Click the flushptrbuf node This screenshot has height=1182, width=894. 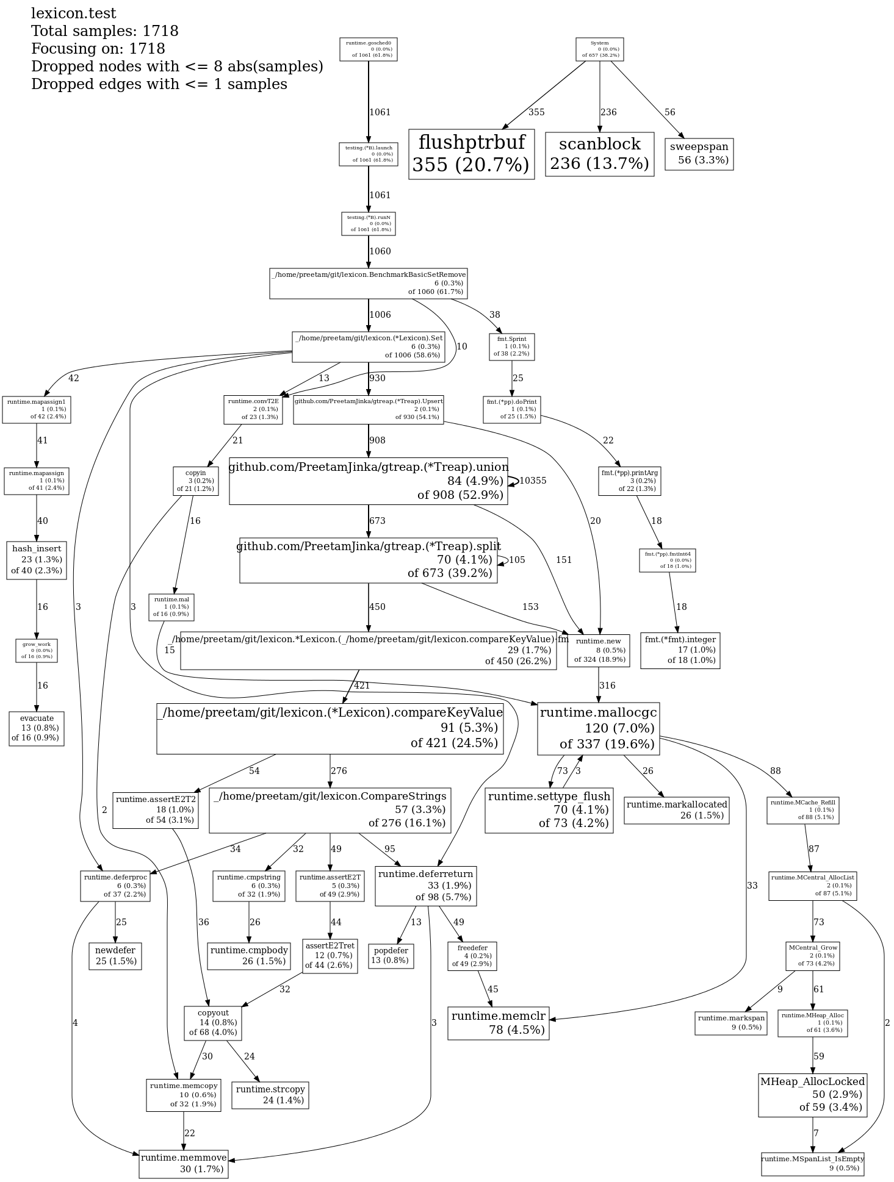[471, 154]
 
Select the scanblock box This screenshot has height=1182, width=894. [599, 154]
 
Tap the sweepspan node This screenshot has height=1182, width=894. [699, 154]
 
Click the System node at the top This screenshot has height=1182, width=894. [599, 49]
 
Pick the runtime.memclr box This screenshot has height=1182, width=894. [498, 1023]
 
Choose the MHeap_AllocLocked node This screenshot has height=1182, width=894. [812, 1095]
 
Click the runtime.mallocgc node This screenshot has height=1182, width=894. [598, 728]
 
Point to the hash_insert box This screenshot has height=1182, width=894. [37, 559]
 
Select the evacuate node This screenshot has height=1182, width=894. [37, 728]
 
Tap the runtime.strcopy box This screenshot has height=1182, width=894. [270, 1094]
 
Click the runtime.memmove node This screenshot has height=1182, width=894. [183, 1163]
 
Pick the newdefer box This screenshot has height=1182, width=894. [115, 956]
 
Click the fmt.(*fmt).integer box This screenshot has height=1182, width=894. [680, 650]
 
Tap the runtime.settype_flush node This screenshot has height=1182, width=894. [549, 810]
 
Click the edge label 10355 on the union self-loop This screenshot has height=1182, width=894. [533, 481]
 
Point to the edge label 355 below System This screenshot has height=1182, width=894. [536, 112]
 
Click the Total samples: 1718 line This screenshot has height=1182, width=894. [104, 31]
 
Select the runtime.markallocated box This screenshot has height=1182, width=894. [676, 810]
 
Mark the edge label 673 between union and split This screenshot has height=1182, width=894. [377, 521]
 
